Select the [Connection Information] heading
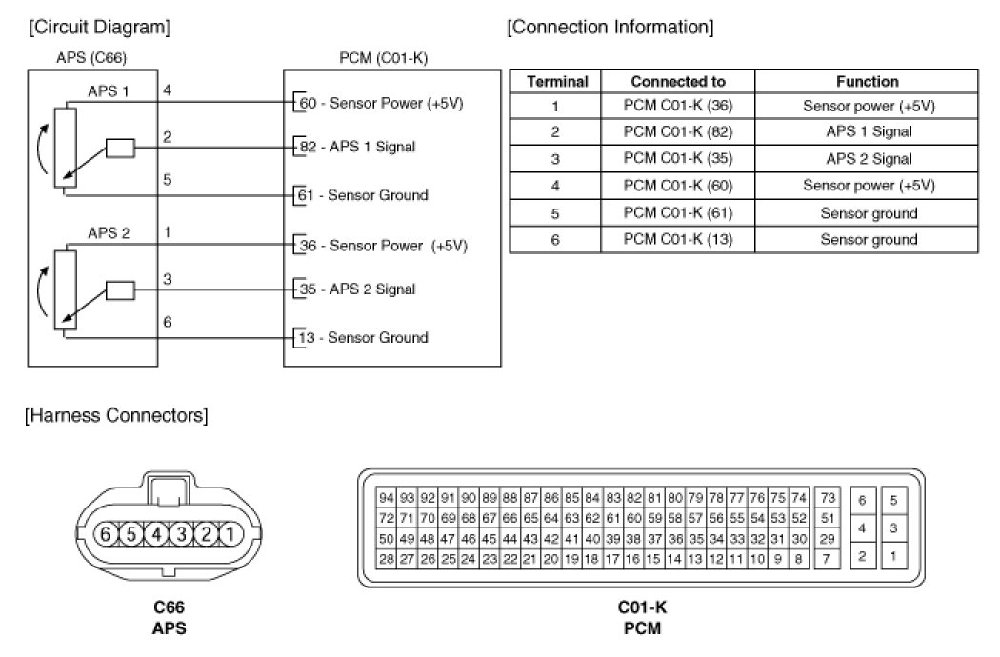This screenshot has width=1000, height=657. pos(610,27)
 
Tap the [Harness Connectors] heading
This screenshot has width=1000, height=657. pos(117,415)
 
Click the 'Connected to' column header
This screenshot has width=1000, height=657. pos(677,82)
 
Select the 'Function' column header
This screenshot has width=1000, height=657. pos(867,82)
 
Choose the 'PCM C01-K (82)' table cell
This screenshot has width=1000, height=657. pos(677,132)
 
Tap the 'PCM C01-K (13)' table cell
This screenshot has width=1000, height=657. pos(677,239)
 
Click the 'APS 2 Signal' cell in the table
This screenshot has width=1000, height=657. pos(869,159)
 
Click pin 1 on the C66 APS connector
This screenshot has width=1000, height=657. pos(230,533)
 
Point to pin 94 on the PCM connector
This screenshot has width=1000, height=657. pos(387,498)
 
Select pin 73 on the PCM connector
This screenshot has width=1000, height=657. pos(827,498)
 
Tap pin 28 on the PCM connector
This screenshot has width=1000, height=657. pos(387,559)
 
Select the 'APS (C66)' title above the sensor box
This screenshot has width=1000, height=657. pos(92,59)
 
